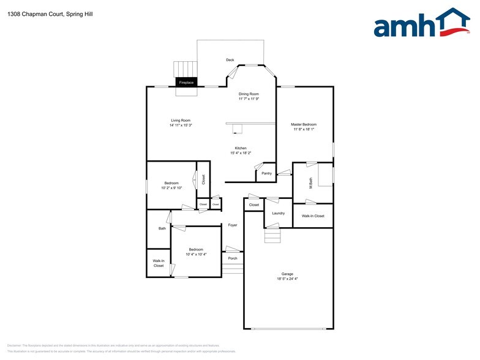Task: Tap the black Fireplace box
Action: point(186,82)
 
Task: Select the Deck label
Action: point(230,60)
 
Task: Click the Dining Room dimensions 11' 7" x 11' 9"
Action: point(249,99)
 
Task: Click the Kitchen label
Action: point(241,148)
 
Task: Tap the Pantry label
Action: point(266,173)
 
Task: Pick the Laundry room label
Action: point(278,213)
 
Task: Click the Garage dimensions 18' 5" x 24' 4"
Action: point(287,279)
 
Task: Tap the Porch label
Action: point(233,258)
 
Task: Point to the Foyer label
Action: point(233,225)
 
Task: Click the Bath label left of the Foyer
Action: point(162,228)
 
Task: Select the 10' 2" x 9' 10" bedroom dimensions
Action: point(171,188)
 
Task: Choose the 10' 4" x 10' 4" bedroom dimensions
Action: point(196,254)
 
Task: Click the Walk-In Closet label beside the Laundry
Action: point(313,216)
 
